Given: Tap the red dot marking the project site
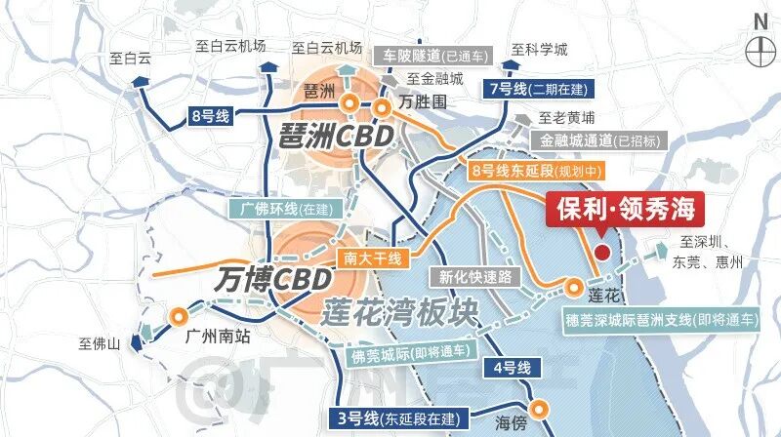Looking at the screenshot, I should click(602, 253).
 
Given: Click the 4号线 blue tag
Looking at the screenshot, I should click(511, 369).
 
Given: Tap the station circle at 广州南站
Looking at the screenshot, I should click(179, 315).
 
